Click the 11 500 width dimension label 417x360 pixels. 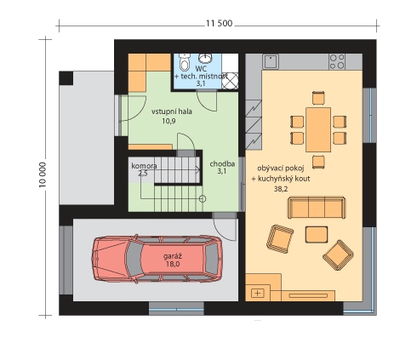219,23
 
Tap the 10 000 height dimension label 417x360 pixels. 43,174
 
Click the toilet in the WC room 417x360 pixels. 185,62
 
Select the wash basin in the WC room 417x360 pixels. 204,58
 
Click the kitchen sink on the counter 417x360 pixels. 271,62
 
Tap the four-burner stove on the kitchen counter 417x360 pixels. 337,62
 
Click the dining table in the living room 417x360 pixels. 318,129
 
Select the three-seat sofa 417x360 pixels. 317,208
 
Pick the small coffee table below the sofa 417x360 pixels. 317,234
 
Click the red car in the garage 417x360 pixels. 157,258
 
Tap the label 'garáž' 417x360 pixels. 173,256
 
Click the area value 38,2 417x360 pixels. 281,189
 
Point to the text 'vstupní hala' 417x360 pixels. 172,111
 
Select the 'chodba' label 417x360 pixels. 222,163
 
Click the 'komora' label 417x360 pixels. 144,166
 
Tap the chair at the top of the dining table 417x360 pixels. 318,98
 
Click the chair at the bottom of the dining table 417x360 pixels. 318,162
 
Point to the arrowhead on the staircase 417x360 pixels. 198,170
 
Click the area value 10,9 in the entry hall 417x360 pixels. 169,121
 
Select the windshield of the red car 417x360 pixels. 134,258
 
